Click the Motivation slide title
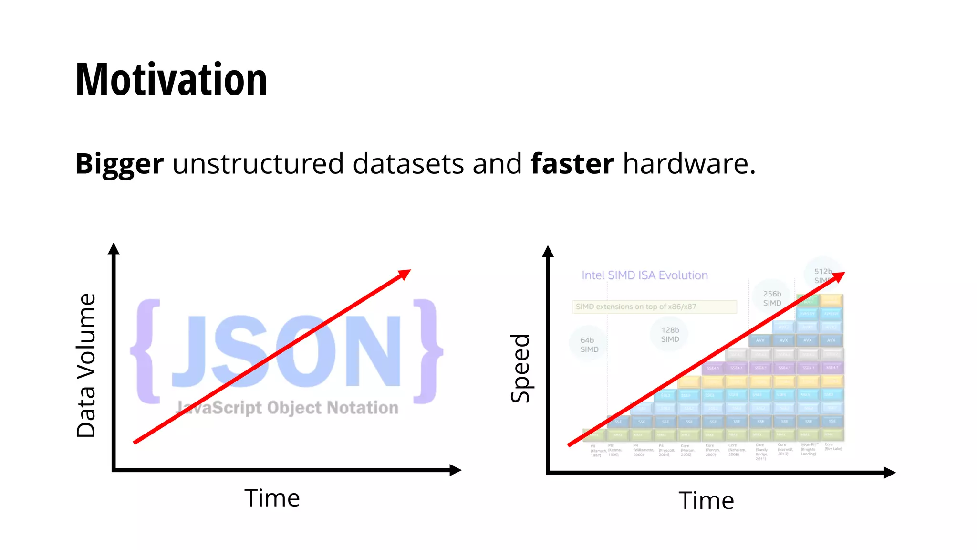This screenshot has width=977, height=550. pyautogui.click(x=171, y=80)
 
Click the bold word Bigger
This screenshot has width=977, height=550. pyautogui.click(x=119, y=164)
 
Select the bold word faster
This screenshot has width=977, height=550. pyautogui.click(x=572, y=164)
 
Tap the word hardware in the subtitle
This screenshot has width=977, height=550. pyautogui.click(x=689, y=164)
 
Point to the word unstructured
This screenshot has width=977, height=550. pyautogui.click(x=258, y=164)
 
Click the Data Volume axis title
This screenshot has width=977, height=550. pyautogui.click(x=86, y=365)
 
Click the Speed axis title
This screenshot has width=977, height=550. pyautogui.click(x=520, y=368)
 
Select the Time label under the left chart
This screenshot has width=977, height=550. pyautogui.click(x=272, y=498)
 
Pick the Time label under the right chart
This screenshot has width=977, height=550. pyautogui.click(x=706, y=500)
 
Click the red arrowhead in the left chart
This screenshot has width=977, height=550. pyautogui.click(x=405, y=274)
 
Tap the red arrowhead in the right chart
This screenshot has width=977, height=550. pyautogui.click(x=839, y=276)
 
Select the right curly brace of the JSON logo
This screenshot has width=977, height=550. pyautogui.click(x=427, y=351)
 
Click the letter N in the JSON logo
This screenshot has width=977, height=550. pyautogui.click(x=373, y=351)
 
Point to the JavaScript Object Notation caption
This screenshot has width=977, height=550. pyautogui.click(x=287, y=408)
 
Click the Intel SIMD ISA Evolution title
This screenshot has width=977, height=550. pyautogui.click(x=644, y=275)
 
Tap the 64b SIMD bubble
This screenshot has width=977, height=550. pyautogui.click(x=589, y=344)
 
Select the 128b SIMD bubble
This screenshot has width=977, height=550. pyautogui.click(x=670, y=334)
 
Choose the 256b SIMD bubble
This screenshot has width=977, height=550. pyautogui.click(x=772, y=298)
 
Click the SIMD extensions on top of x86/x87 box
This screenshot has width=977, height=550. pyautogui.click(x=654, y=307)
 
